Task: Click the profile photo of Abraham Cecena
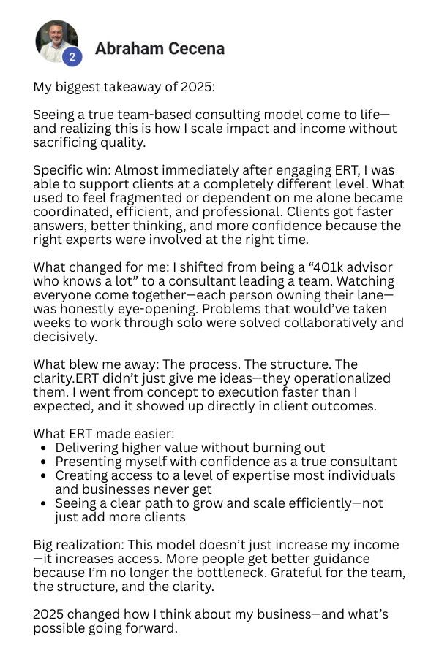56,39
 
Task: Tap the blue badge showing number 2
72,56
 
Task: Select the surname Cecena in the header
192,49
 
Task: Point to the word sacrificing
67,142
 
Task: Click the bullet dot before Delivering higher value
45,448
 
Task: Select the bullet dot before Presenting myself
45,462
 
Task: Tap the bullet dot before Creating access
45,476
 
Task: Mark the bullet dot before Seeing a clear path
45,504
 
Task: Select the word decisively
64,337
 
